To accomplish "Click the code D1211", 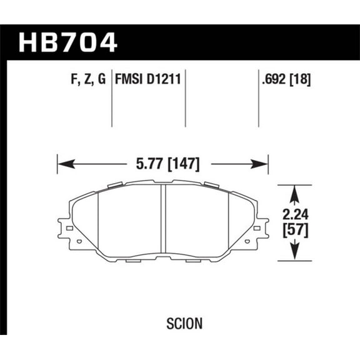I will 163,79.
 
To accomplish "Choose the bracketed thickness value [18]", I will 302,79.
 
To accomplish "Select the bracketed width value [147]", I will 184,164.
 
